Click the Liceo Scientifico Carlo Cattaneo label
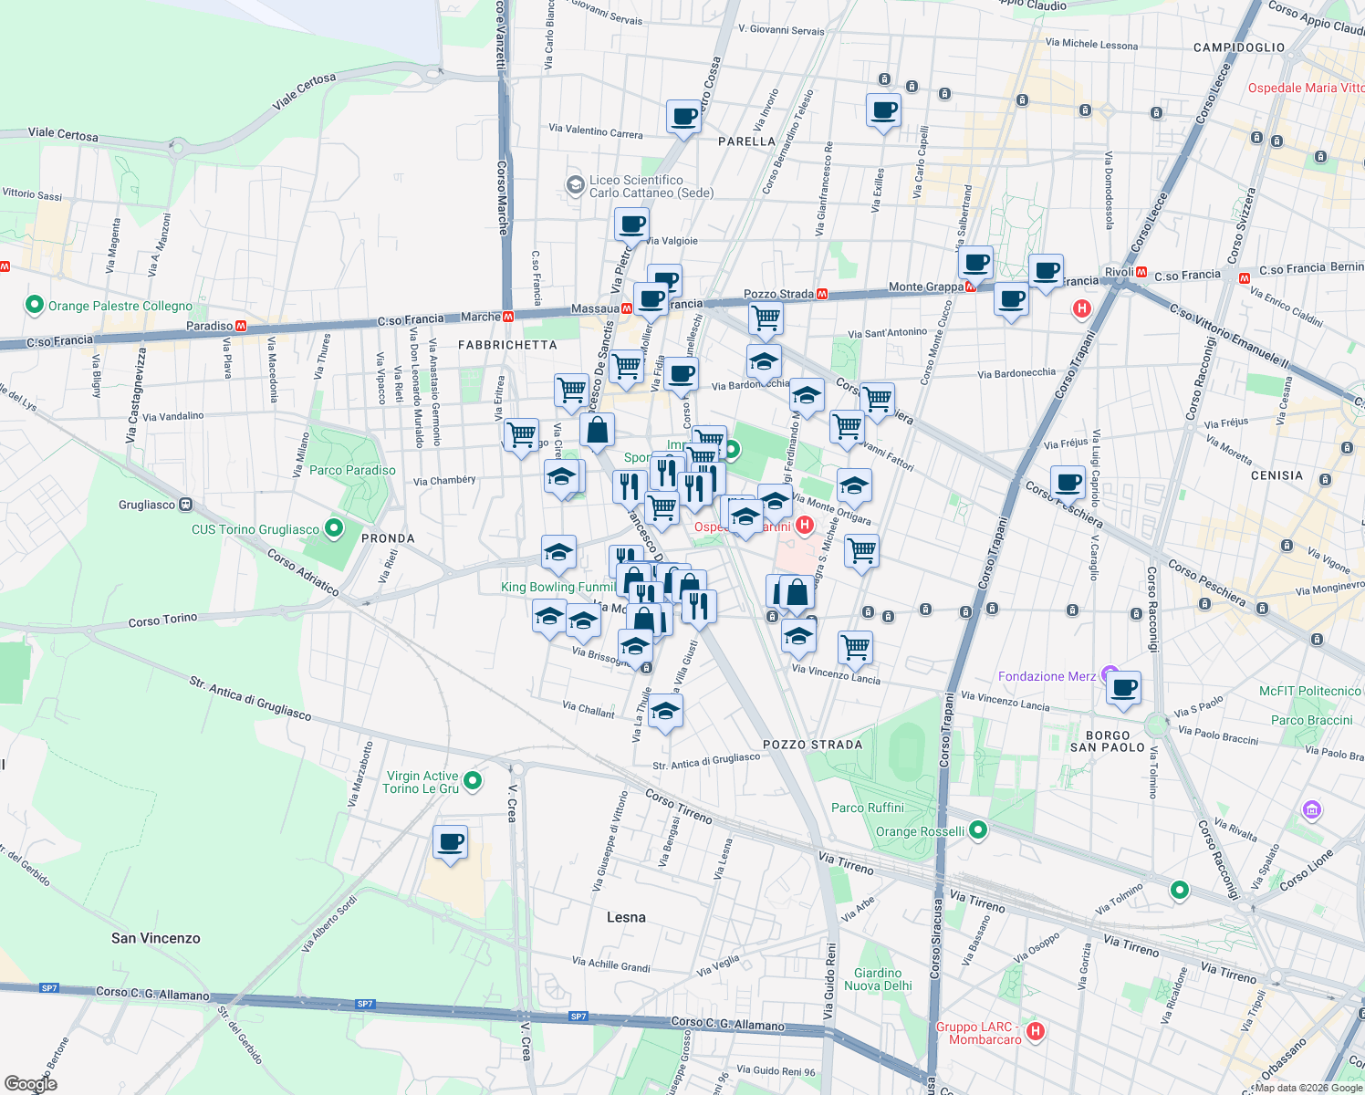[x=651, y=186]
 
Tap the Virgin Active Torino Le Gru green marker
[x=473, y=780]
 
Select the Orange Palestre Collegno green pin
[x=35, y=305]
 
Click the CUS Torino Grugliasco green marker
[x=334, y=527]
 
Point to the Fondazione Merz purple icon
[x=1110, y=675]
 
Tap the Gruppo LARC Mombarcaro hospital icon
[x=1035, y=1031]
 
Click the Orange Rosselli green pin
[x=978, y=829]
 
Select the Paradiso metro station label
[x=210, y=326]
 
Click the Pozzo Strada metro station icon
[x=822, y=294]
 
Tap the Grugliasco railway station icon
[x=186, y=504]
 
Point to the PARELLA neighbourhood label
[x=746, y=141]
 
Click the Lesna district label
[x=626, y=917]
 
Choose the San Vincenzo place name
[x=156, y=938]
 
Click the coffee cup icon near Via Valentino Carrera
[x=683, y=117]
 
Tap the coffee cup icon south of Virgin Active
[x=450, y=842]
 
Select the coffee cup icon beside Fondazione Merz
[x=1124, y=688]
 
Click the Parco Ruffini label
[x=867, y=808]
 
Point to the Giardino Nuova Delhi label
[x=878, y=979]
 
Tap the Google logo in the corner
[x=31, y=1083]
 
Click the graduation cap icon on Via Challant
[x=666, y=712]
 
